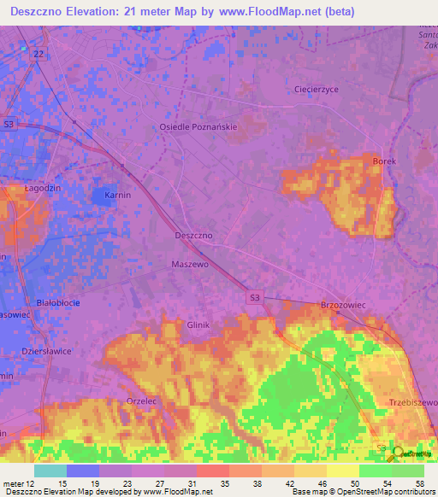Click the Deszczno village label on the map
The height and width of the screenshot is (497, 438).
tap(193, 234)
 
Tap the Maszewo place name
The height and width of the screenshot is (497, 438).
tap(190, 265)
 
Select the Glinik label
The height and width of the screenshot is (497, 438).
tap(198, 325)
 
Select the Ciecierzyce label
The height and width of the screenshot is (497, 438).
tap(317, 89)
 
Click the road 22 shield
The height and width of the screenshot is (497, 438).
tap(38, 54)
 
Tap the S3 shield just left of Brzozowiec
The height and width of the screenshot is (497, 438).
tap(254, 297)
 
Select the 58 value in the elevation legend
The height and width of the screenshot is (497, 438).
tap(418, 482)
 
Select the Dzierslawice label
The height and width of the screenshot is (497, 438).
tap(46, 351)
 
